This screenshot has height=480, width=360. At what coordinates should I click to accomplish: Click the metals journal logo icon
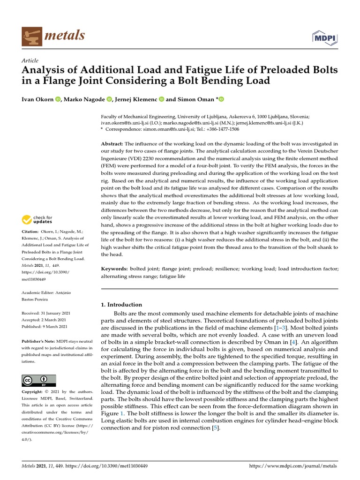point(31,36)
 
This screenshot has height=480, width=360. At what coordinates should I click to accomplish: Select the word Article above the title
point(30,61)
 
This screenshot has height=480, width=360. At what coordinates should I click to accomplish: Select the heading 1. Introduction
point(121,305)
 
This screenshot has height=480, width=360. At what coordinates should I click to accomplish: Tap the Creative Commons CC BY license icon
point(39,380)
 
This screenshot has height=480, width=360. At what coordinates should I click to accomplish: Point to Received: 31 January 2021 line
point(45,313)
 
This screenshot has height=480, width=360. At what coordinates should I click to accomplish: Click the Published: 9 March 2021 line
point(45,327)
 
